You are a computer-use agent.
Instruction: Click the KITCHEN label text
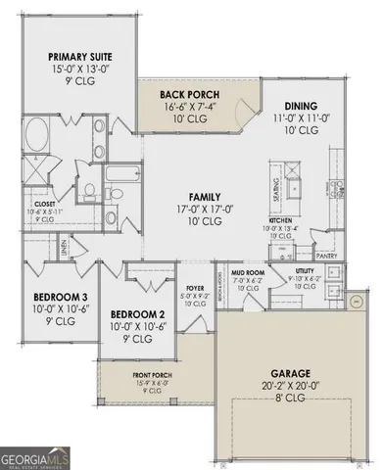[x=281, y=221]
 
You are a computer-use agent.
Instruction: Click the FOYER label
[x=196, y=289]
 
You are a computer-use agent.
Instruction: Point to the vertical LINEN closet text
[x=63, y=254]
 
